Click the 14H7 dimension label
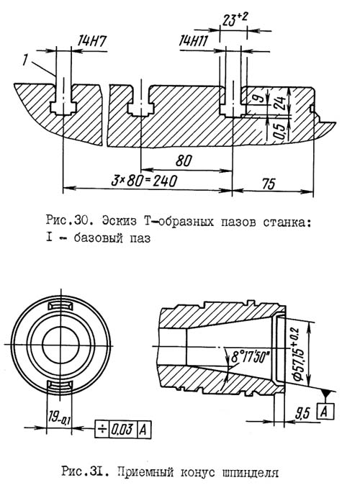coord(91,42)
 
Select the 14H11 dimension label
coord(194,41)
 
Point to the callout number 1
coord(25,60)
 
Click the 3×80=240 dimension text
coord(145,181)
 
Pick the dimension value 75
coord(269,184)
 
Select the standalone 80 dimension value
coord(184,161)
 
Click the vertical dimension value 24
coord(279,103)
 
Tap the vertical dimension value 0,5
coord(279,131)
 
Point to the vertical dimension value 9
coord(259,98)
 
